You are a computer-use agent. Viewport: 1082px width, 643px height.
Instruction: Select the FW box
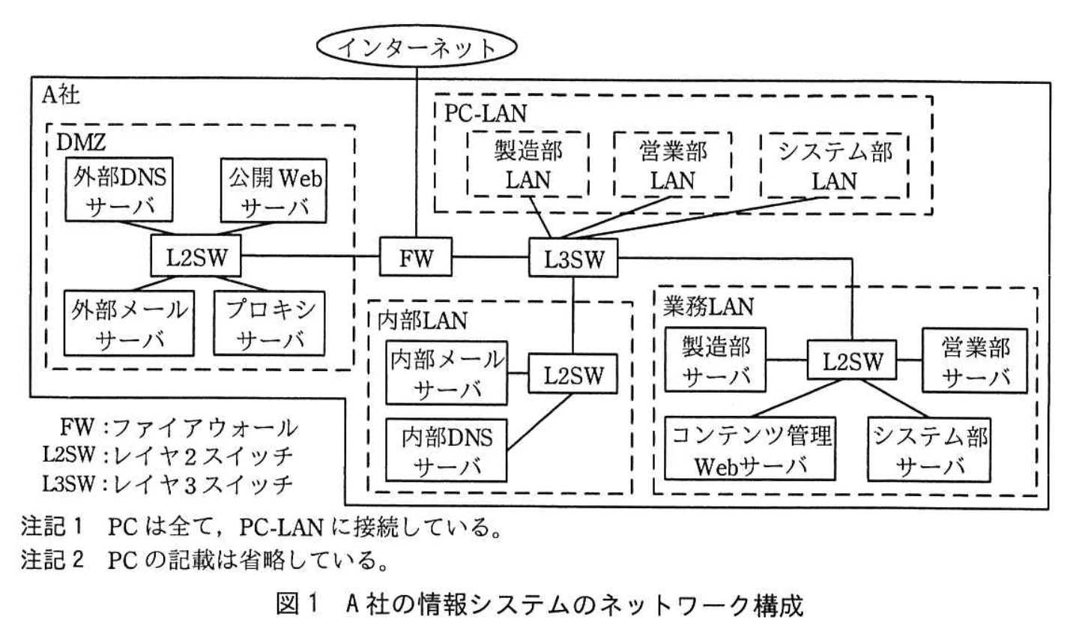416,259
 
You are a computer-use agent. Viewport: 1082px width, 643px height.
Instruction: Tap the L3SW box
575,259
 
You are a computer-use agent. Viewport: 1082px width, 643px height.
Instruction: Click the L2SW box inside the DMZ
196,259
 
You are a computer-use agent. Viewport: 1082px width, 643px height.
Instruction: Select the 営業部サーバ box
975,360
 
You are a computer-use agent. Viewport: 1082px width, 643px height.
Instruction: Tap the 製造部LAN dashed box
528,165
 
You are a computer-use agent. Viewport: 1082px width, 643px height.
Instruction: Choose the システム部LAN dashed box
835,165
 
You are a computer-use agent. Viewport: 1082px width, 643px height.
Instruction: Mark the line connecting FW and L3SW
491,259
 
